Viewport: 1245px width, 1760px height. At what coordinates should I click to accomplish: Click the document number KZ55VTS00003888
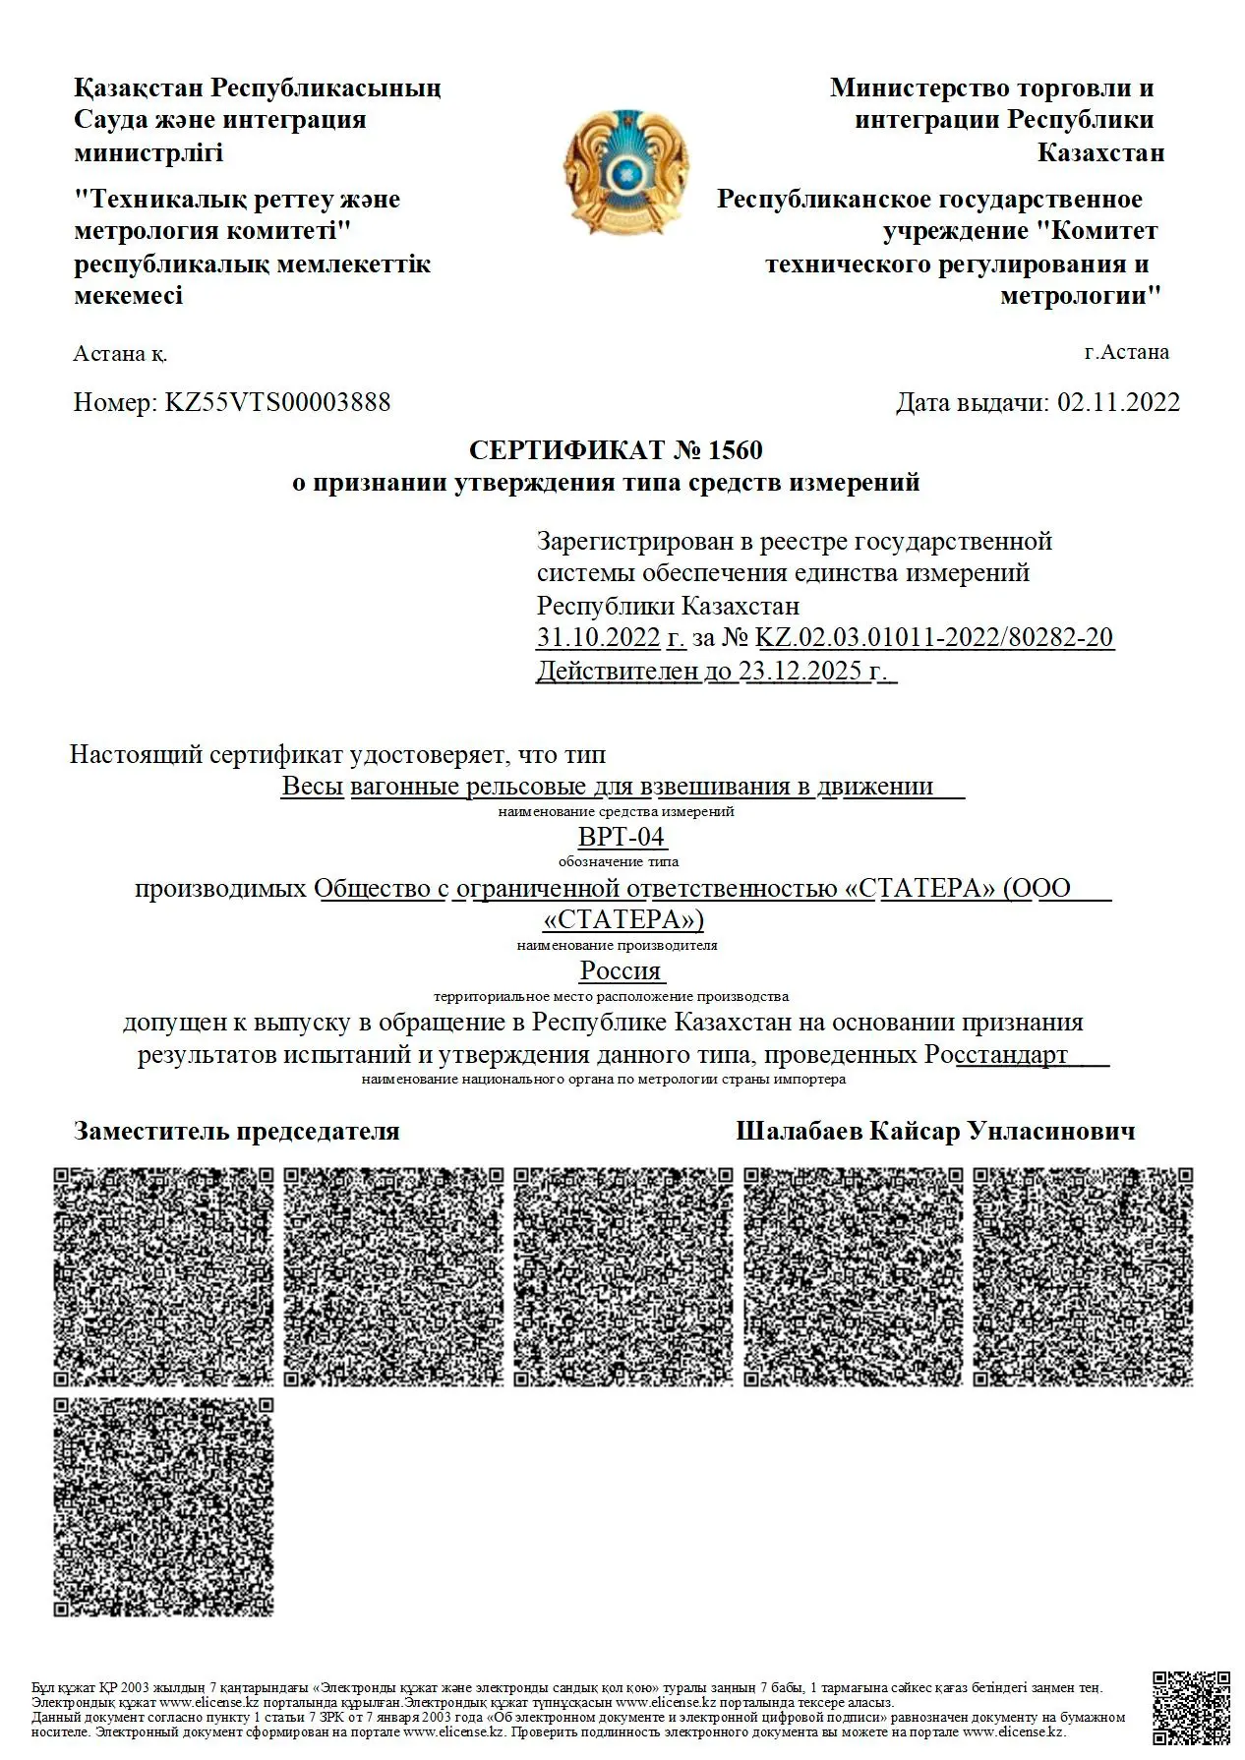pos(277,402)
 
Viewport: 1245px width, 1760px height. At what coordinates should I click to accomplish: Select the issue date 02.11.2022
pos(1118,402)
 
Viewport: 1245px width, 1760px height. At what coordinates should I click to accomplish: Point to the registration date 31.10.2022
pos(598,637)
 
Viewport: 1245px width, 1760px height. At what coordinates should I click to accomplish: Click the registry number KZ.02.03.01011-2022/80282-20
pos(934,637)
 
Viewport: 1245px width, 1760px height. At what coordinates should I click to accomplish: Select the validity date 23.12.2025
pos(800,672)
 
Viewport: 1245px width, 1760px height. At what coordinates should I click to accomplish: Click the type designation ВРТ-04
pos(622,837)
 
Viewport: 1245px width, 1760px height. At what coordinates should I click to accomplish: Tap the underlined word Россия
pos(621,970)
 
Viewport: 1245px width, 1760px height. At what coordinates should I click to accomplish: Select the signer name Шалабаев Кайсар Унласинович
pos(935,1131)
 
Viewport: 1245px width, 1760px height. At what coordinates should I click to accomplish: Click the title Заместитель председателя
pos(237,1131)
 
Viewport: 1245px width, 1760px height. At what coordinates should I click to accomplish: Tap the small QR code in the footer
pos(1190,1709)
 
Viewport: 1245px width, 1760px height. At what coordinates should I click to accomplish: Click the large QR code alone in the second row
pos(163,1506)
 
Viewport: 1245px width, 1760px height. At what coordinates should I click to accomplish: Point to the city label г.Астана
pos(1126,352)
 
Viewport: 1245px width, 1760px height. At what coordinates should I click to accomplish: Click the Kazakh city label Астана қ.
pos(120,354)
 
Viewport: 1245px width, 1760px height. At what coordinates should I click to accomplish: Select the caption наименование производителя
pos(617,945)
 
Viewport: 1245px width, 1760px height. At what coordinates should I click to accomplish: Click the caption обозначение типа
pos(619,861)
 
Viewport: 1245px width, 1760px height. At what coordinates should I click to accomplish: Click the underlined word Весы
pos(312,786)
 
